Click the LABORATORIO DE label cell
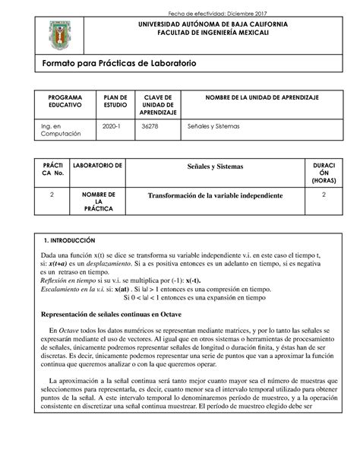point(97,165)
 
